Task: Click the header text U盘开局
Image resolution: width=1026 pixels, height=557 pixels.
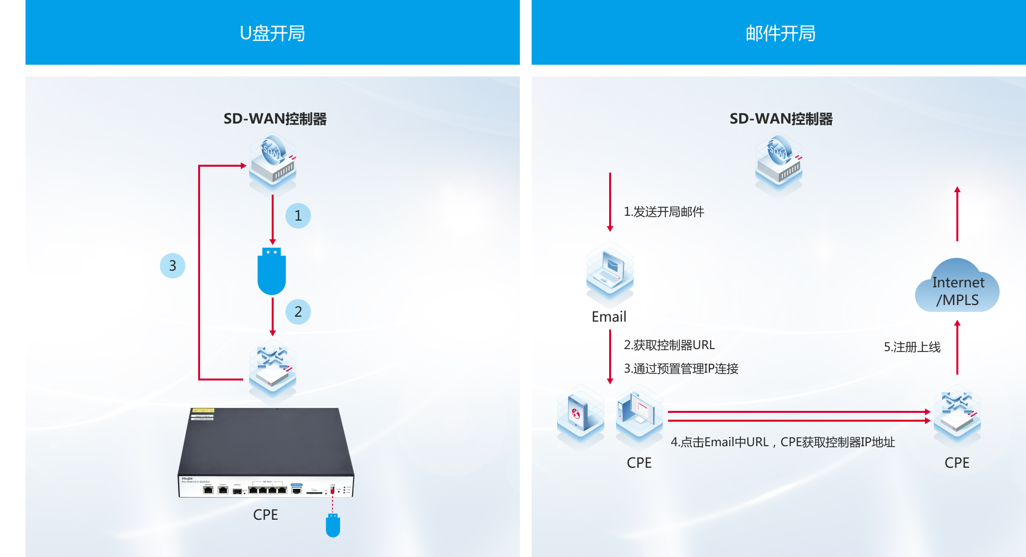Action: tap(272, 33)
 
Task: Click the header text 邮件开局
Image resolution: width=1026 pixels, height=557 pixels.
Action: tap(780, 33)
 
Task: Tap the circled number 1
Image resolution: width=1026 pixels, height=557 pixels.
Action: tap(298, 216)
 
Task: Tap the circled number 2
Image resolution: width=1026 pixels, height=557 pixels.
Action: tap(298, 312)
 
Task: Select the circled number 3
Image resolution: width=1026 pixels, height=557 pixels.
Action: tap(172, 266)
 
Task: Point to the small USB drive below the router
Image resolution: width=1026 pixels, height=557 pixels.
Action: tap(333, 526)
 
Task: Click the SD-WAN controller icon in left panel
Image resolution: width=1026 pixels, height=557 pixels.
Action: tap(273, 164)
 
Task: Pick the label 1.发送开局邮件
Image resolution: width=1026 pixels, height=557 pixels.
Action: tap(664, 212)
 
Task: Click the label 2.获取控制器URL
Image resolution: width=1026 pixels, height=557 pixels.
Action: tap(669, 345)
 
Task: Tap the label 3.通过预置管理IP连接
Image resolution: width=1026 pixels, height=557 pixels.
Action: tap(681, 369)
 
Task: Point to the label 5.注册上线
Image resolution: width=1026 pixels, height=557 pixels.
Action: tap(912, 347)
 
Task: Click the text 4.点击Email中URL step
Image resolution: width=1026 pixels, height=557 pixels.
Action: tap(782, 442)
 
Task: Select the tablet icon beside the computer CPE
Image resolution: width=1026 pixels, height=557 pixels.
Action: tap(580, 416)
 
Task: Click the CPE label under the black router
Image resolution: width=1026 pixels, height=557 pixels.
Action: tap(265, 515)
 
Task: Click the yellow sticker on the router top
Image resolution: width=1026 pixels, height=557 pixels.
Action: tap(203, 410)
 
